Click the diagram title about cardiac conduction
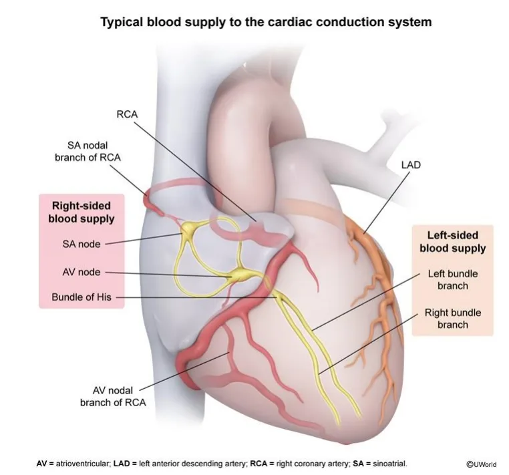point(266,22)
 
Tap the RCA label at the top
point(127,114)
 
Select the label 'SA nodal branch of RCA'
point(88,151)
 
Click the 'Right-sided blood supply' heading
point(81,212)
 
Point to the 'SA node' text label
point(81,244)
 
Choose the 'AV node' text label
point(81,272)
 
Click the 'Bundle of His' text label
point(81,297)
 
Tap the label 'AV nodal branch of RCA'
point(113,396)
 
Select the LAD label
point(411,165)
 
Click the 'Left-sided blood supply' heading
point(453,242)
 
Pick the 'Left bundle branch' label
point(453,279)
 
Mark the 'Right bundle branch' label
point(453,319)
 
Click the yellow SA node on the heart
point(188,228)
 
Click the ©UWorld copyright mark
point(482,464)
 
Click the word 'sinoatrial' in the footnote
point(389,464)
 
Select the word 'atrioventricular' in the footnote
point(82,464)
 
